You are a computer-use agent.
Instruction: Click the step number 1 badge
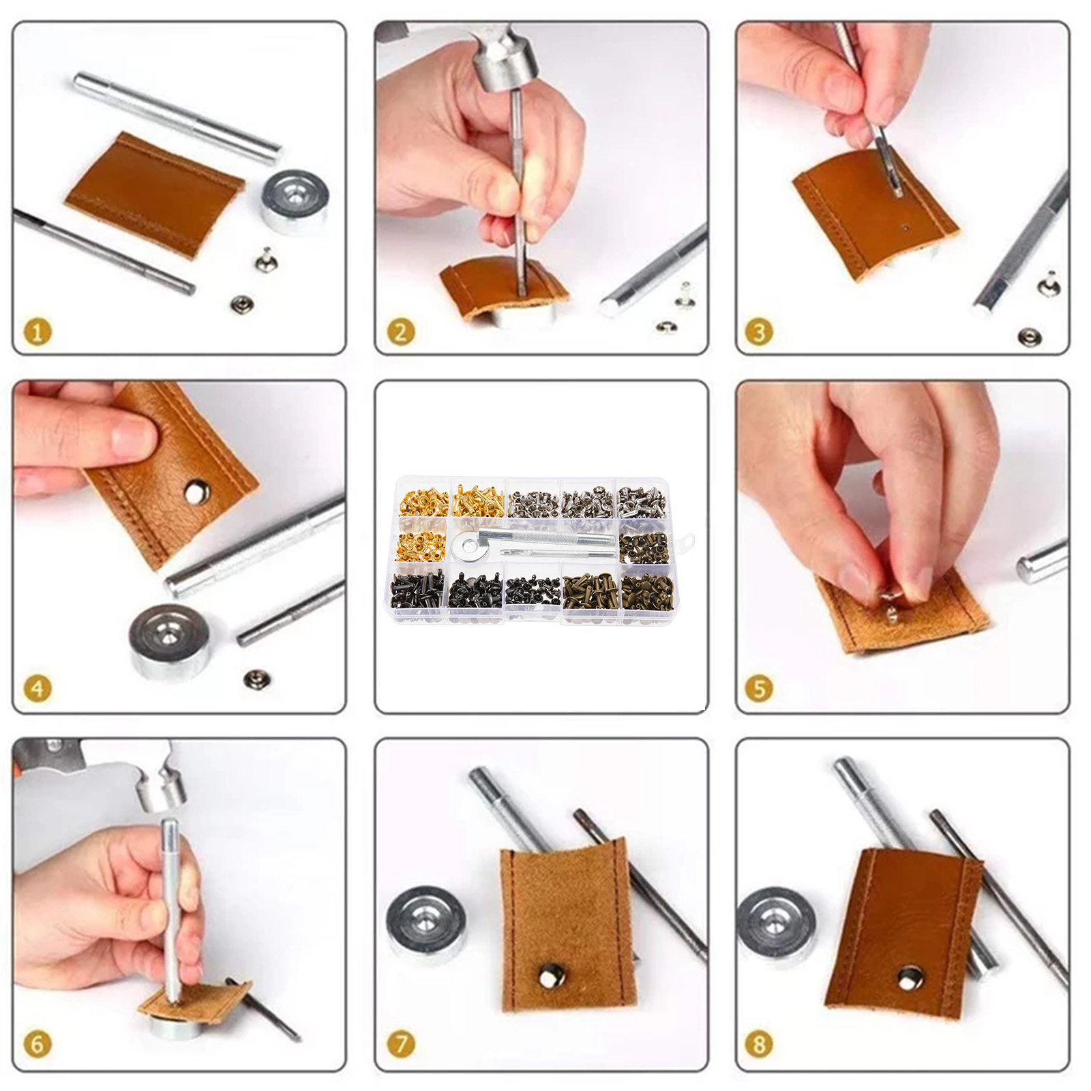click(38, 332)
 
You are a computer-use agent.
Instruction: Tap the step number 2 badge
click(400, 332)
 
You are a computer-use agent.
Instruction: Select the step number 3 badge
click(759, 332)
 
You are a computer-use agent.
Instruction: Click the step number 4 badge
click(38, 688)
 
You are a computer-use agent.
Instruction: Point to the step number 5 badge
click(759, 688)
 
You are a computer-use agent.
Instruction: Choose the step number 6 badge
click(38, 1044)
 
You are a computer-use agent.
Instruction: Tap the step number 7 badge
click(400, 1044)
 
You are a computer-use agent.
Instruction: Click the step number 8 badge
click(759, 1044)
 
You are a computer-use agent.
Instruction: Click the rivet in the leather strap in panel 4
click(197, 490)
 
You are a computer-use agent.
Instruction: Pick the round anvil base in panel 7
click(426, 925)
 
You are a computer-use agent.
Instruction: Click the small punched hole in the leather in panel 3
click(905, 228)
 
